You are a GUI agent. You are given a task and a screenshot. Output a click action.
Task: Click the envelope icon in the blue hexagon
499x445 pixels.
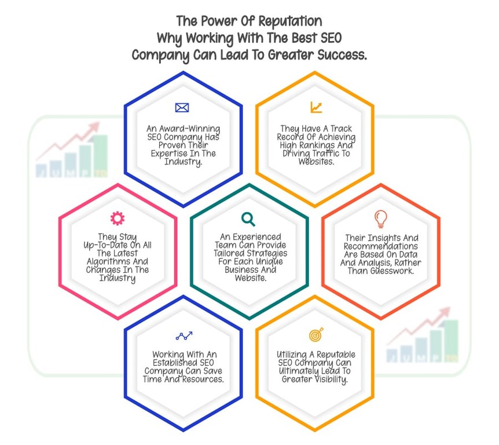[182, 108]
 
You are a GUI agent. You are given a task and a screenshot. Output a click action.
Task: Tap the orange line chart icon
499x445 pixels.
[315, 107]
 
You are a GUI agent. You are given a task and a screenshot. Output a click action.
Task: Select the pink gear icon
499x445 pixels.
[117, 218]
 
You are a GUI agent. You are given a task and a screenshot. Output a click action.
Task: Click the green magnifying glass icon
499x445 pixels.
[248, 219]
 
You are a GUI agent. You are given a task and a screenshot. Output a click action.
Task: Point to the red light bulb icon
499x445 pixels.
[380, 218]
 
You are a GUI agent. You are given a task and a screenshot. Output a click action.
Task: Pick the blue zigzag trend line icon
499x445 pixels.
[184, 335]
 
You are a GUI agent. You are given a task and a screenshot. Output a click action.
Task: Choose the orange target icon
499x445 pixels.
[316, 335]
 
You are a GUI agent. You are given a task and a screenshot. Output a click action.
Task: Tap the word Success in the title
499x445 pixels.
[340, 56]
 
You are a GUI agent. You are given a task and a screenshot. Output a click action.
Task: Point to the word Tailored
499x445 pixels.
[229, 253]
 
